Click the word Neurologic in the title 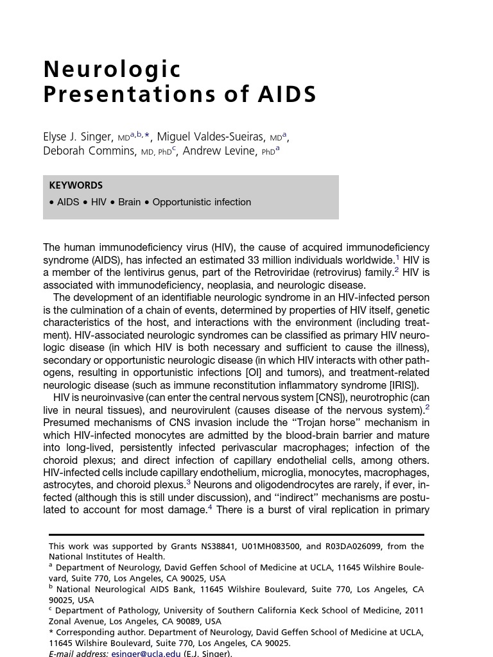pyautogui.click(x=112, y=69)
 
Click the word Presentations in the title pyautogui.click(x=126, y=94)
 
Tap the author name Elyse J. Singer pyautogui.click(x=78, y=137)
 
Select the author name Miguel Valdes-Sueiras pyautogui.click(x=211, y=137)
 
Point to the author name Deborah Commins pyautogui.click(x=89, y=151)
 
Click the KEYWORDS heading pyautogui.click(x=76, y=185)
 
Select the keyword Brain pyautogui.click(x=129, y=202)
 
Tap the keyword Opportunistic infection pyautogui.click(x=202, y=202)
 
